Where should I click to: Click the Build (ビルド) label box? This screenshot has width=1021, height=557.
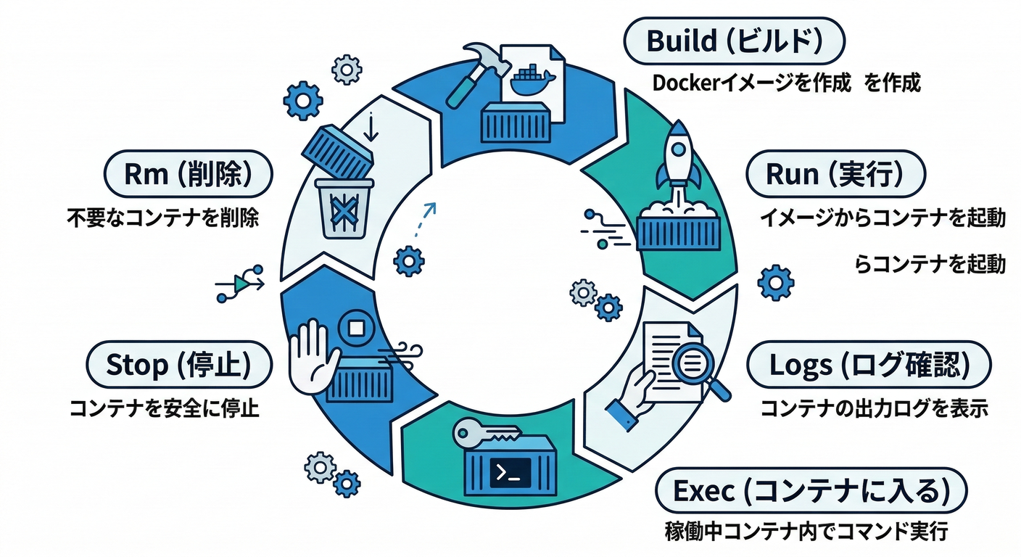coord(734,41)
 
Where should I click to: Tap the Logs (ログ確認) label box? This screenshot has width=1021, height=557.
coord(869,366)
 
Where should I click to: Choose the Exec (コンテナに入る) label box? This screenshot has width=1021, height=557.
coord(811,492)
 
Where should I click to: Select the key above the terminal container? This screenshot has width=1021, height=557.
coord(484,434)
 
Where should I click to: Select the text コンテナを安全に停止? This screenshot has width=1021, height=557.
coord(164,408)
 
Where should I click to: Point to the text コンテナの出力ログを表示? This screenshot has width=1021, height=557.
coord(874,408)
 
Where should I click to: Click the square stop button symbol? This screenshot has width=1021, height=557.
coord(356,328)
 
